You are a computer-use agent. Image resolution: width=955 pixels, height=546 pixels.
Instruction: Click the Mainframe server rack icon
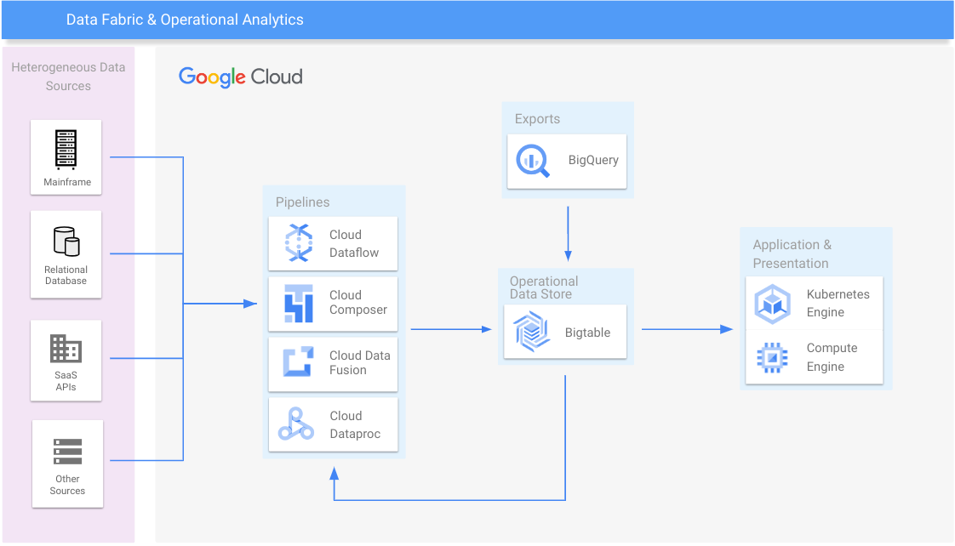(x=66, y=150)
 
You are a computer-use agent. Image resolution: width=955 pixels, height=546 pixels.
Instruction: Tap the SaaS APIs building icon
(x=66, y=349)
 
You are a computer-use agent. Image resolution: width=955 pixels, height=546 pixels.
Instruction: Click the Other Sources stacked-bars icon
(x=67, y=452)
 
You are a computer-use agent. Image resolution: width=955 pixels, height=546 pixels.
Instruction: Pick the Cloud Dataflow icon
(x=299, y=243)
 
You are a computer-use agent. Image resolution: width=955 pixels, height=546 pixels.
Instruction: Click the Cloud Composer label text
(x=358, y=303)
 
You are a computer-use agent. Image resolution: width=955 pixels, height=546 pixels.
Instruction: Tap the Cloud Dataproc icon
(x=296, y=424)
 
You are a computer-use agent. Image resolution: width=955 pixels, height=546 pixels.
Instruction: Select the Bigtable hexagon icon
(x=533, y=332)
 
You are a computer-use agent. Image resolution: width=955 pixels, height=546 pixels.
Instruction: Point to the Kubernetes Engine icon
(x=772, y=304)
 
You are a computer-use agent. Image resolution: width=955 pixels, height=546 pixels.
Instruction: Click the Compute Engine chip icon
(x=772, y=358)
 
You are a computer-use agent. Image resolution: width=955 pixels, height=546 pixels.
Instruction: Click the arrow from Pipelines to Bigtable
(x=451, y=329)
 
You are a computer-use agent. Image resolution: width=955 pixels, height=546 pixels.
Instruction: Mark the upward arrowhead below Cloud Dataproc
(x=334, y=471)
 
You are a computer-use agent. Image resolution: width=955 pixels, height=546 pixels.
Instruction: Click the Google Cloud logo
(x=241, y=77)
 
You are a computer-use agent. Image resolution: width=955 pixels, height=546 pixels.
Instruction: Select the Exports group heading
(x=537, y=119)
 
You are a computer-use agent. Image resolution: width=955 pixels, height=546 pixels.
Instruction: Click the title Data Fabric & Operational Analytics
(x=185, y=20)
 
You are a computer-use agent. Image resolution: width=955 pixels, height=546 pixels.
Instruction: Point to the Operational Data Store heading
(x=544, y=287)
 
